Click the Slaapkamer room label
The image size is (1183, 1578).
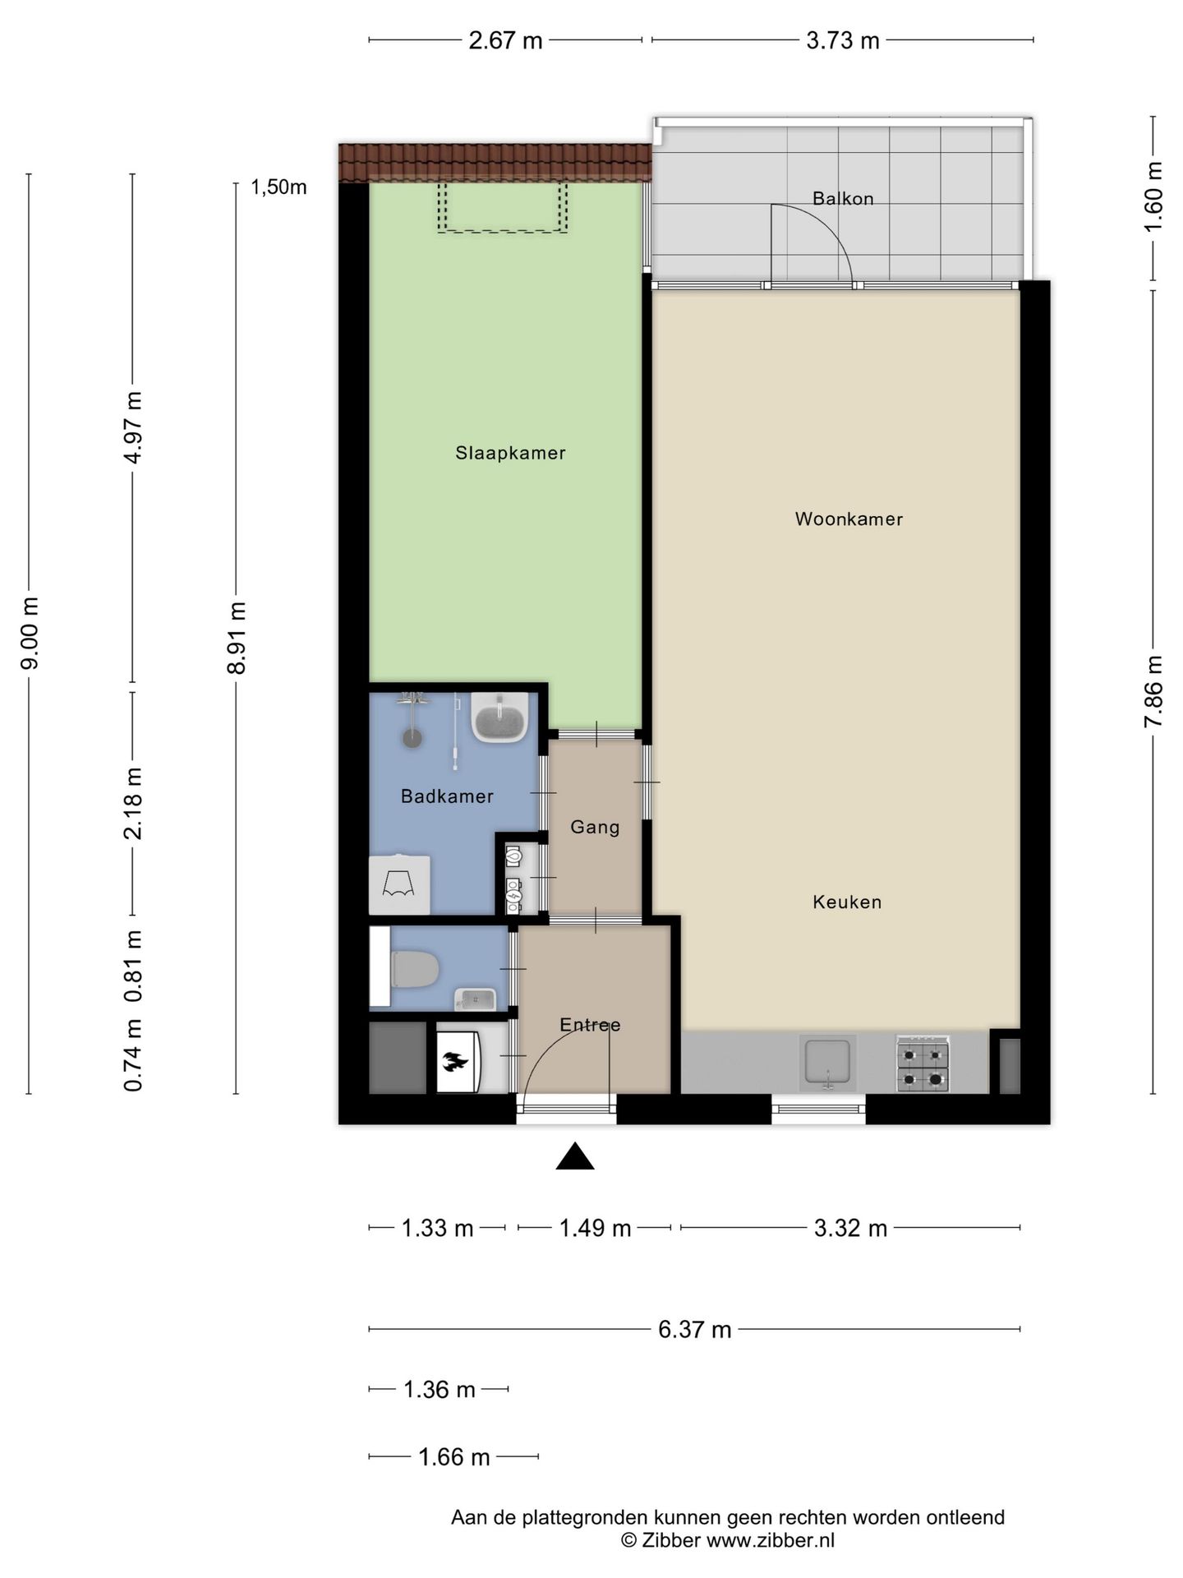(510, 453)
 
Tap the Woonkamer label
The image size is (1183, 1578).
(849, 519)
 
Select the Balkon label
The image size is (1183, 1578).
(843, 198)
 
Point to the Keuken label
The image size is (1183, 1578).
(847, 902)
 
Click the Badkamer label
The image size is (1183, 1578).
(447, 796)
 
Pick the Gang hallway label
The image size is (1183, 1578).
(595, 828)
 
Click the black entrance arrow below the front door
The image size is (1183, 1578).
(575, 1156)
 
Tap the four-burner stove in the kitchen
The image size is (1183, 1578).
(923, 1064)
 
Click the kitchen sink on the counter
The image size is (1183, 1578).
(828, 1063)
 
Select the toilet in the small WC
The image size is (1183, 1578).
(415, 970)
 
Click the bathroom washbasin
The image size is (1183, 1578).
(499, 717)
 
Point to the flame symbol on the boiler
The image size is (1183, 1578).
(455, 1062)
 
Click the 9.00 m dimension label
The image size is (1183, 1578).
(30, 634)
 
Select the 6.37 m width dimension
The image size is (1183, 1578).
(694, 1330)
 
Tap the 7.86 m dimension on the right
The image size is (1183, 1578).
(1154, 691)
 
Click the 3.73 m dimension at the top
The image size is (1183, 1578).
(843, 40)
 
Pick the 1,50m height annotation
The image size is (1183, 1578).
(278, 187)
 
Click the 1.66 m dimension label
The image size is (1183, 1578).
(454, 1458)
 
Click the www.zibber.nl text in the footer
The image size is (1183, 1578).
(771, 1541)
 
